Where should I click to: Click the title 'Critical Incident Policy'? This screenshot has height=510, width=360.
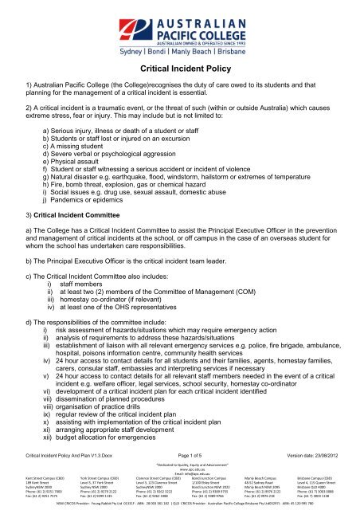click(179, 69)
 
